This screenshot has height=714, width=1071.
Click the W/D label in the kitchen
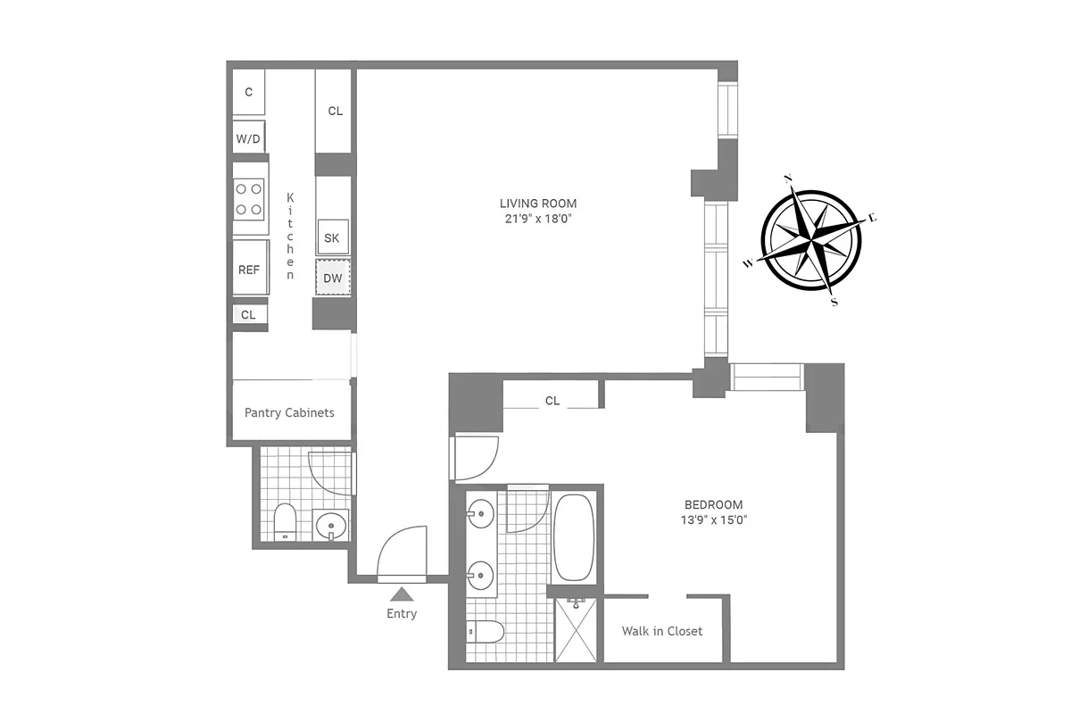(x=248, y=139)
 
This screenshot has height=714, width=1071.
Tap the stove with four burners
(x=250, y=199)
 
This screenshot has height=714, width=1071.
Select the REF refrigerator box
(x=249, y=269)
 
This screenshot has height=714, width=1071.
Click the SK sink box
(x=332, y=237)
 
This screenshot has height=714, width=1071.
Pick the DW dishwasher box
(x=333, y=278)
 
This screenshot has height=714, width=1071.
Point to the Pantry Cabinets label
(x=289, y=412)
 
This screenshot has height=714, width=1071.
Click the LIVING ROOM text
(x=538, y=203)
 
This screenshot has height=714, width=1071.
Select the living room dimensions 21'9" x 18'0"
(x=538, y=219)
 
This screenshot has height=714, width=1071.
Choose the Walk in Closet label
(x=661, y=631)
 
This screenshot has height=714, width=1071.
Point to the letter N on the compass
(x=788, y=178)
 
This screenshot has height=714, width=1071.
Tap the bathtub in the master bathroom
(x=574, y=537)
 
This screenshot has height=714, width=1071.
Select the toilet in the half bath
(x=285, y=522)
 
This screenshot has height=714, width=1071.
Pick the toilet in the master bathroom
(x=486, y=632)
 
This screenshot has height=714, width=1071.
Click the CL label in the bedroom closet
(x=552, y=401)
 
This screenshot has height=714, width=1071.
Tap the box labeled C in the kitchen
(x=249, y=92)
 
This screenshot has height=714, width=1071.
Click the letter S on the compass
(x=834, y=302)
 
